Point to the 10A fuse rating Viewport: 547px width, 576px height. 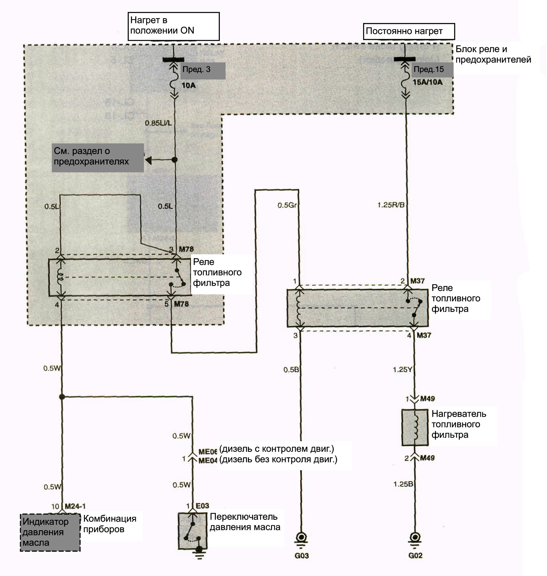point(188,86)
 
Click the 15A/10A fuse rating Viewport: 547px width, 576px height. point(428,82)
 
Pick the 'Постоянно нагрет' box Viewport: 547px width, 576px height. point(409,31)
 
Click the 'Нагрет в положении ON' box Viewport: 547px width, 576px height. point(174,26)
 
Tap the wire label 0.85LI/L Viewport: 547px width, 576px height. point(158,123)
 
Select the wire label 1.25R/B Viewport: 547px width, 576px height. point(391,205)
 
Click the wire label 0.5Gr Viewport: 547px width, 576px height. point(287,205)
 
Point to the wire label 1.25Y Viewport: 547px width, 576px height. point(402,370)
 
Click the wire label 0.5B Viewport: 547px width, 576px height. point(291,370)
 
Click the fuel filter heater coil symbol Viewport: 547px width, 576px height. point(415,427)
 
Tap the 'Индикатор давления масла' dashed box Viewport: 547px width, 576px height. point(50,533)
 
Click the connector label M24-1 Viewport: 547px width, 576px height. point(75,506)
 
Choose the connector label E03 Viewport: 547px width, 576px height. point(202,506)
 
